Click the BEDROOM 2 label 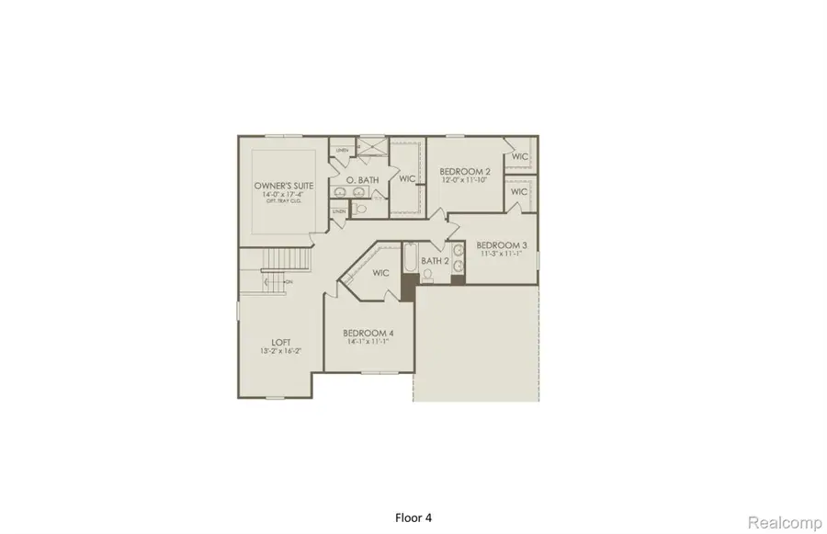[x=464, y=171]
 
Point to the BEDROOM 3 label [x=501, y=244]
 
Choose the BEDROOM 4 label [x=368, y=333]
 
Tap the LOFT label [x=281, y=342]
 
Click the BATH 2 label [x=434, y=261]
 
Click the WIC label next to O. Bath [x=407, y=178]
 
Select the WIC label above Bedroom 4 [x=381, y=273]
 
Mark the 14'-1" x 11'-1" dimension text [x=368, y=341]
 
